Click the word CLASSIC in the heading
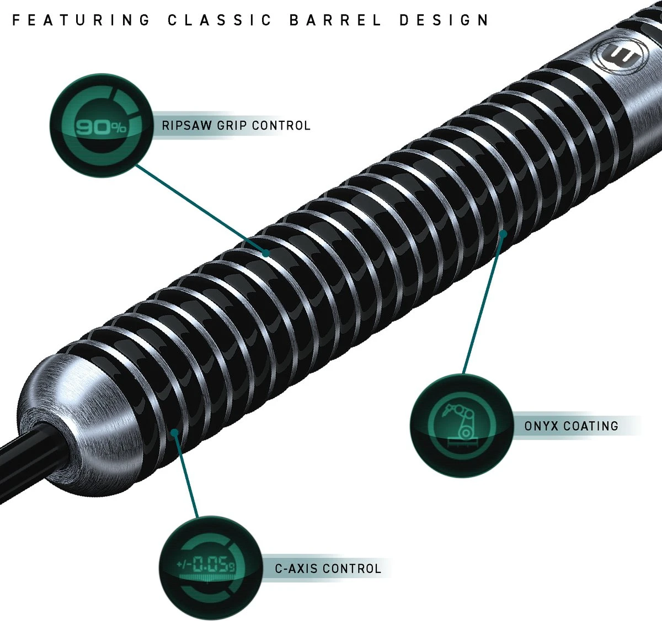point(220,20)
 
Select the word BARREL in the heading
point(335,20)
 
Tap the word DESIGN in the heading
point(444,20)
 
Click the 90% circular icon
point(100,126)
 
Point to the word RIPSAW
point(186,126)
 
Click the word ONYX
point(542,426)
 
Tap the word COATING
point(591,426)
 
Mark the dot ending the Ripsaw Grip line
point(265,253)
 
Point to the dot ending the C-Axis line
point(174,432)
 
